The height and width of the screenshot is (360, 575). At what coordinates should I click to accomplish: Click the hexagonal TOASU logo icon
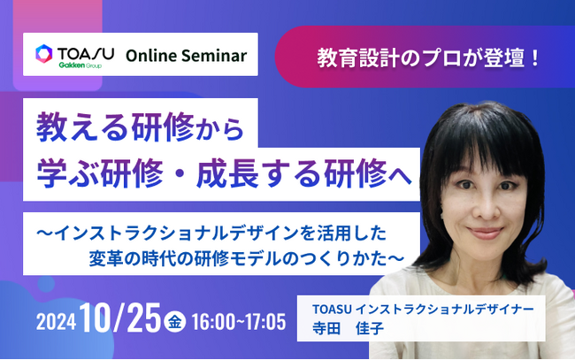tap(43, 54)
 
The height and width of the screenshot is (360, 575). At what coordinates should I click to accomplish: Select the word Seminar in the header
tap(215, 56)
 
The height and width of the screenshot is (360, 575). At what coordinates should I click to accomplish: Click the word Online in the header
tap(153, 56)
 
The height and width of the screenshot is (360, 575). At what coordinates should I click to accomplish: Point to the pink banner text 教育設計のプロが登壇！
tap(428, 61)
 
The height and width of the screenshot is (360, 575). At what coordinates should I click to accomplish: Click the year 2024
tap(56, 321)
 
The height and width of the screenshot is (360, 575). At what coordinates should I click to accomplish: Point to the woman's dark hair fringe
tap(482, 150)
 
